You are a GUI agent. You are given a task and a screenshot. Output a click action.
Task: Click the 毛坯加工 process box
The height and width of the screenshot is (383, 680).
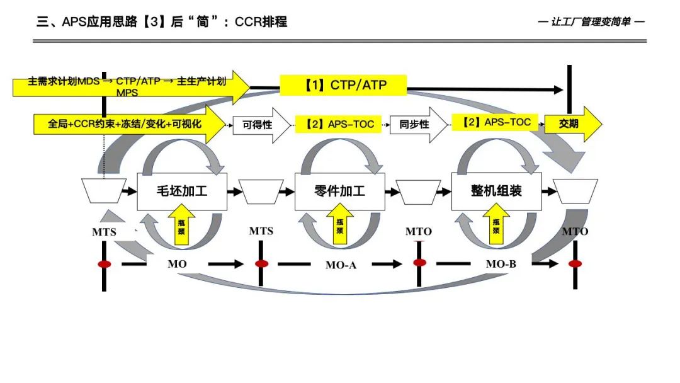click(x=181, y=190)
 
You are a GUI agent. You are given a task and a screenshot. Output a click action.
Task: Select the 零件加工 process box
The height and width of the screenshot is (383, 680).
click(x=339, y=190)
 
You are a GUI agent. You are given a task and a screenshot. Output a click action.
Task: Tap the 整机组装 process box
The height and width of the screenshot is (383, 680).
click(x=496, y=190)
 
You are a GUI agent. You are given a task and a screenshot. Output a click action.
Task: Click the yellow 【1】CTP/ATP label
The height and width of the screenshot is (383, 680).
click(x=343, y=85)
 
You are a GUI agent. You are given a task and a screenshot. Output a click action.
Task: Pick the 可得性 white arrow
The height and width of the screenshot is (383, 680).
click(x=257, y=125)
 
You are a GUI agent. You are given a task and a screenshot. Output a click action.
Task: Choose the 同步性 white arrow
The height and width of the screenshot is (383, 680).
click(x=414, y=125)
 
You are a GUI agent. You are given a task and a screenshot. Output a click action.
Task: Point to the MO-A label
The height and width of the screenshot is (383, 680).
click(x=341, y=265)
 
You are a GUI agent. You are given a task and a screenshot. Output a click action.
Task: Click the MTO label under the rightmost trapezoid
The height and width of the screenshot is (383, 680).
click(x=575, y=232)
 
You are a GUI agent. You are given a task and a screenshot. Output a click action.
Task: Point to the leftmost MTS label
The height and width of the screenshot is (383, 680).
click(x=105, y=232)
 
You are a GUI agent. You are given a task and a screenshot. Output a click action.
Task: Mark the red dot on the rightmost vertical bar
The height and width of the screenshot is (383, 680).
click(x=575, y=263)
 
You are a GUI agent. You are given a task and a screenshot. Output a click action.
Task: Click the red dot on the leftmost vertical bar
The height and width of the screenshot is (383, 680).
click(x=105, y=264)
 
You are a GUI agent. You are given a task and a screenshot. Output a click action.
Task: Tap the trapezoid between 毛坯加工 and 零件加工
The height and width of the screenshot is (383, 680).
click(x=261, y=191)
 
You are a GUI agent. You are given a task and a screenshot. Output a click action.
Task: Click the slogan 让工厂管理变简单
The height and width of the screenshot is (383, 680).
click(x=592, y=21)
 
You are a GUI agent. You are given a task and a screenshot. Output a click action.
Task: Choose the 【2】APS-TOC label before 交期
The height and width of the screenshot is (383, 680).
click(x=495, y=123)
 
